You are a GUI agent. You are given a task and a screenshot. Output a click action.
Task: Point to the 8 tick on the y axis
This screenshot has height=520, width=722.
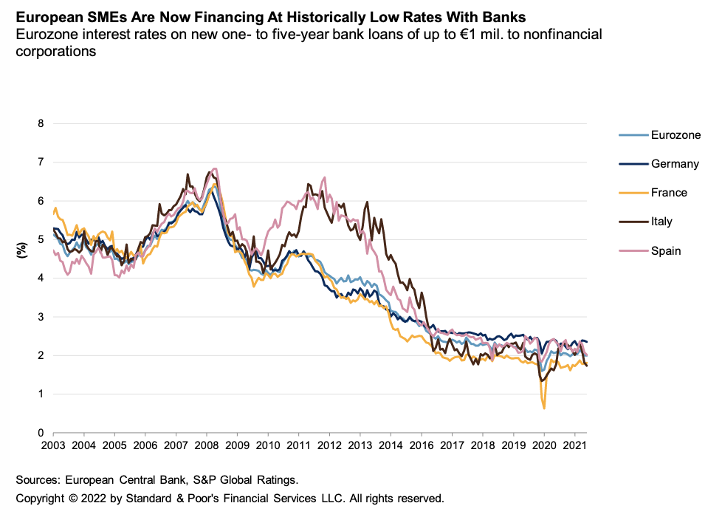point(41,123)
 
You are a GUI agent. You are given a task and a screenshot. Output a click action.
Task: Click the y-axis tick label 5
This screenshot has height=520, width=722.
point(41,239)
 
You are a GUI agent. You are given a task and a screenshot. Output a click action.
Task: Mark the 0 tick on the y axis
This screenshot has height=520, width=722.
point(41,433)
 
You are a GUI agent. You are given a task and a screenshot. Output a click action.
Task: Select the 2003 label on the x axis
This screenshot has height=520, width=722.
point(53,447)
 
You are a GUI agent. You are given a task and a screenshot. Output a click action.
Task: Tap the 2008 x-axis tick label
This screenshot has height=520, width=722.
point(207,447)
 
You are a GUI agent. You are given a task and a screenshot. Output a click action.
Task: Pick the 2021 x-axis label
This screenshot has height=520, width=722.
point(574,447)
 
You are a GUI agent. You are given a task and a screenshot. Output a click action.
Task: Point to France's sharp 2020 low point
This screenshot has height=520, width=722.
point(544,408)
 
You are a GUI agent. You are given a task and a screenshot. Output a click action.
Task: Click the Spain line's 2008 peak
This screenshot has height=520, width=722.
point(214,168)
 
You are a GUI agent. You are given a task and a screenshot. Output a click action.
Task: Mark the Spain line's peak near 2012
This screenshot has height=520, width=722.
point(324,177)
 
